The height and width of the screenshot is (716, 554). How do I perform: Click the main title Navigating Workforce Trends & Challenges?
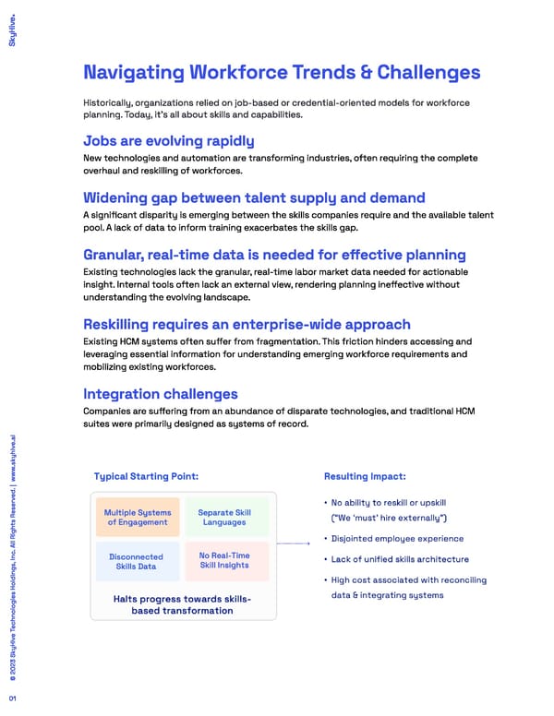(x=282, y=72)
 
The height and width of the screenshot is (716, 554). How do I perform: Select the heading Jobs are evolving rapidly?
(x=168, y=140)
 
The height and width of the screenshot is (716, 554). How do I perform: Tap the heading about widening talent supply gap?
(x=254, y=197)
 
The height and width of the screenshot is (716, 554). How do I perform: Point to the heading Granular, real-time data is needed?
(x=274, y=255)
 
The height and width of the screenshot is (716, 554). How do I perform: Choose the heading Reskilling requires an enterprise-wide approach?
(x=247, y=325)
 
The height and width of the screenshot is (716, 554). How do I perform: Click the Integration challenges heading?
(x=161, y=394)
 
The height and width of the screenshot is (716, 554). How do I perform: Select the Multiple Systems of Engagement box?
(x=136, y=518)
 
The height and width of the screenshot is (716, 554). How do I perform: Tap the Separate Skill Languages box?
(x=224, y=518)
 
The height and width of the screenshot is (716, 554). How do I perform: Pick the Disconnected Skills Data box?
(x=136, y=561)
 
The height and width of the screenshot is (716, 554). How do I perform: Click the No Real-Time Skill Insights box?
(x=224, y=560)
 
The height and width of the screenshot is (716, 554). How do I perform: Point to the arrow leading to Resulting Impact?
(x=295, y=544)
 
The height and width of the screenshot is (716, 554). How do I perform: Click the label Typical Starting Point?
(x=146, y=476)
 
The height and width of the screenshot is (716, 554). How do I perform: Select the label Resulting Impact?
(x=365, y=476)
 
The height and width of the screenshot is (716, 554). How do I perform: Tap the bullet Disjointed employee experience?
(x=397, y=539)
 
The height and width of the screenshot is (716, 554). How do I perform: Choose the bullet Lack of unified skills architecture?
(x=400, y=559)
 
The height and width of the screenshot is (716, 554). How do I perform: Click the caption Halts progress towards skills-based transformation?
(x=181, y=604)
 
